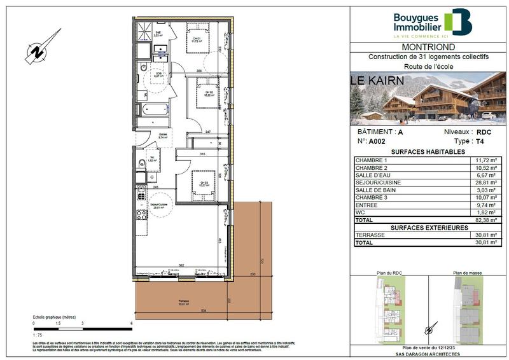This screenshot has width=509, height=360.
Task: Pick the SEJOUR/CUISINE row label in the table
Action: point(378,183)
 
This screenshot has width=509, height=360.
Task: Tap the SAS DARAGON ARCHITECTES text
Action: point(427,353)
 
